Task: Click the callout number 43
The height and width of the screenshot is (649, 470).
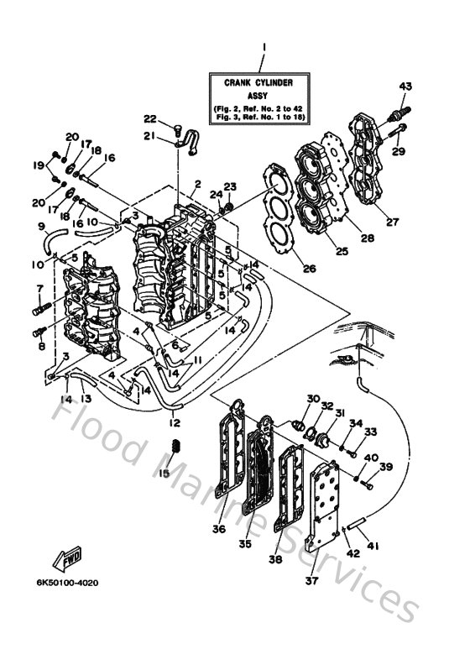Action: [x=405, y=87]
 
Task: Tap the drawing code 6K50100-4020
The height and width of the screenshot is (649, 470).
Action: [x=66, y=582]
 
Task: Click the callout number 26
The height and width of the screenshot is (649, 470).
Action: [x=285, y=270]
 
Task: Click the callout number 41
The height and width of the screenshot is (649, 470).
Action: [x=373, y=546]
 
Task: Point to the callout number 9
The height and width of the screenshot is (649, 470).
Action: [x=40, y=226]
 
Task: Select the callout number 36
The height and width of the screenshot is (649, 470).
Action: [x=219, y=529]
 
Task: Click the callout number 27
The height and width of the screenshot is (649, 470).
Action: [x=392, y=222]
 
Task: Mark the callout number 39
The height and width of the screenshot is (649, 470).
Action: [x=386, y=467]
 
